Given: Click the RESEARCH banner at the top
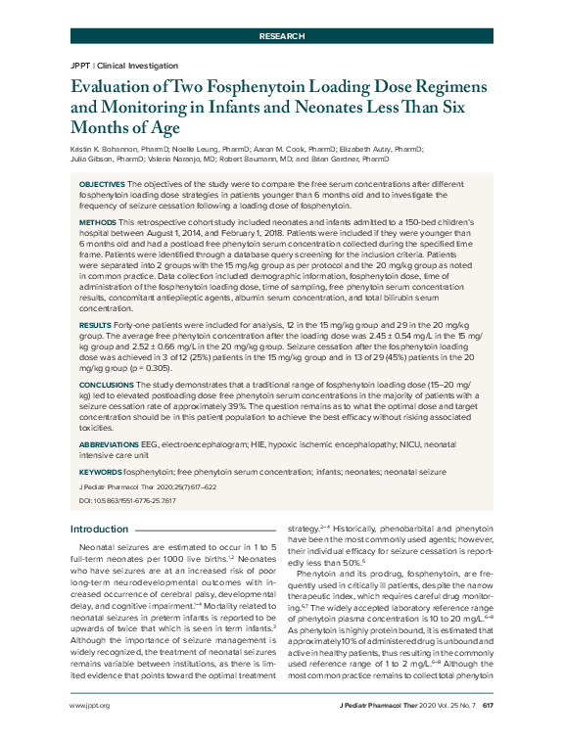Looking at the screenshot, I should pos(282,35).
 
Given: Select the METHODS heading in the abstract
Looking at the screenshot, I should pos(97,222).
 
